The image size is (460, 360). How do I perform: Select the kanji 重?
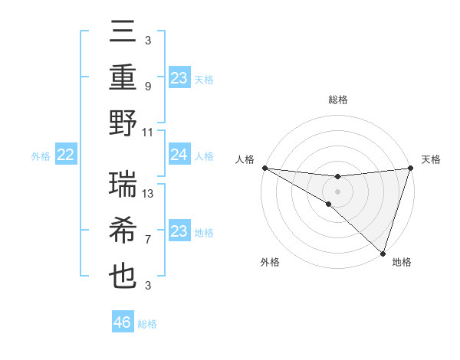click(123, 78)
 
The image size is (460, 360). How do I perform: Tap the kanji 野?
click(123, 123)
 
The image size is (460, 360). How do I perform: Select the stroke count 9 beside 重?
click(147, 87)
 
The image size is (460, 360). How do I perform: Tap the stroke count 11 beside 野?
click(148, 132)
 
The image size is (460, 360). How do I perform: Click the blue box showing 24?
click(179, 155)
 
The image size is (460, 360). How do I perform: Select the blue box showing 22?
click(65, 155)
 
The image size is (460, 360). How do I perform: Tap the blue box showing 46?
click(122, 322)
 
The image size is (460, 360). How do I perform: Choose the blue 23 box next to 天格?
click(179, 78)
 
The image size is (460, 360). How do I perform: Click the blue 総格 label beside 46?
click(147, 324)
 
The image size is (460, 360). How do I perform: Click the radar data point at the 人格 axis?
click(264, 168)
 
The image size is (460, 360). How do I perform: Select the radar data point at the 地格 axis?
click(383, 253)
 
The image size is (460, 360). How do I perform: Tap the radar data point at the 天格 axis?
click(410, 168)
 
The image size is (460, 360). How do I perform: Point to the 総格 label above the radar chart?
click(337, 100)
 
